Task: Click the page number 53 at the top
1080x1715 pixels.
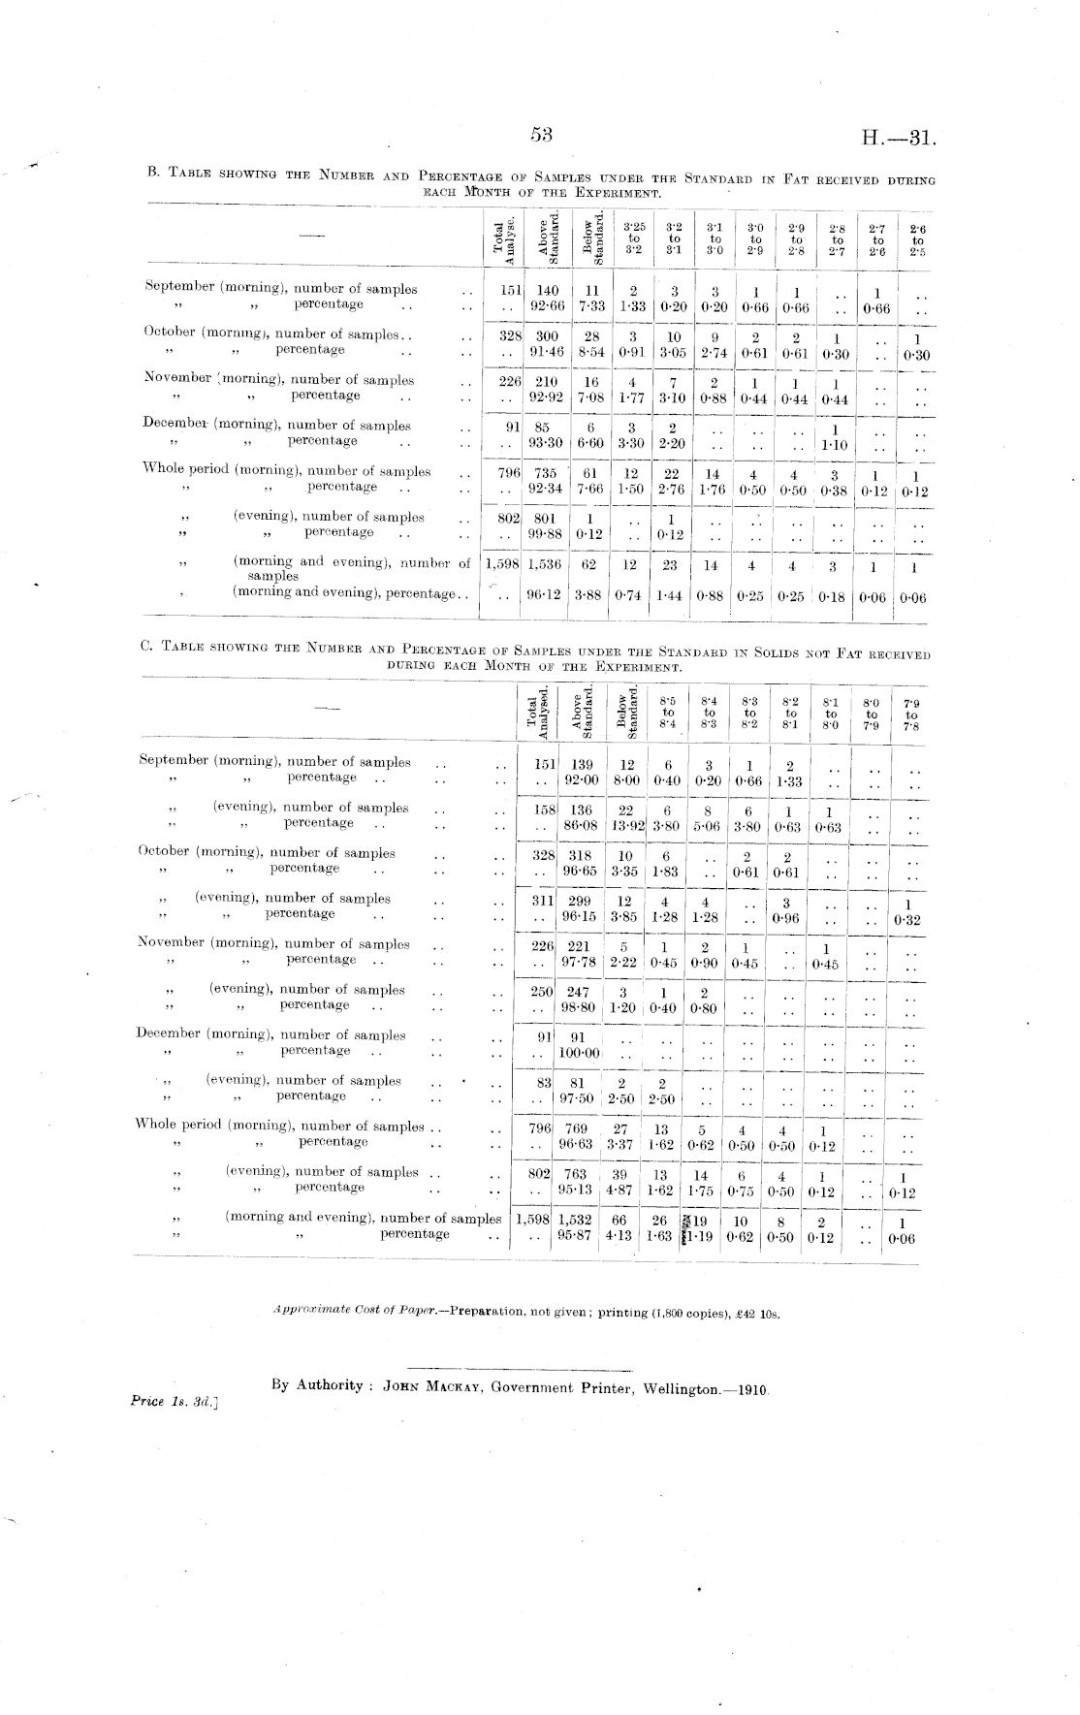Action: [541, 136]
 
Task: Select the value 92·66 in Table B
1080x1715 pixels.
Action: [547, 305]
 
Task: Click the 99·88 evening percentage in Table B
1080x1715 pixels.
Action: [547, 533]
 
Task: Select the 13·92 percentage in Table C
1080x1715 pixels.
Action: [624, 824]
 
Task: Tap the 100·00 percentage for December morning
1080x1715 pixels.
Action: [580, 1052]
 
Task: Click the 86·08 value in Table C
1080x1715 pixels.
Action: [580, 824]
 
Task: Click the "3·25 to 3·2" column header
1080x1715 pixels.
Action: [634, 237]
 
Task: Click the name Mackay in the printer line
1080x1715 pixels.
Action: [454, 1386]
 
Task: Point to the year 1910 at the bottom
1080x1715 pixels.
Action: [751, 1388]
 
